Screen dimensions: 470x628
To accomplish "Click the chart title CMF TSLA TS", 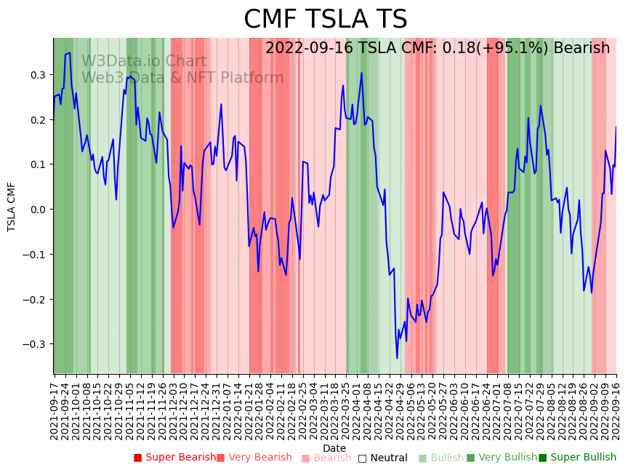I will tap(325, 20).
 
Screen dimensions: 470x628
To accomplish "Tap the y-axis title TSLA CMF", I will tap(12, 207).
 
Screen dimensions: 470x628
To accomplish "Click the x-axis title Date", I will tap(334, 448).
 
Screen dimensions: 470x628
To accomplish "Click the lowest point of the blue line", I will tap(397, 358).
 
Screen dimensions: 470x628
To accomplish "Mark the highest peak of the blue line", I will tap(69, 53).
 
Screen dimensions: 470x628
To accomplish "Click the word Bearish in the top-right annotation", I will tap(581, 48).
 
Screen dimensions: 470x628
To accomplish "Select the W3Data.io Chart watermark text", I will tap(144, 61).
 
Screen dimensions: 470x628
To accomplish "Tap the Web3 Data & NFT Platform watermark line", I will tap(182, 78).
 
